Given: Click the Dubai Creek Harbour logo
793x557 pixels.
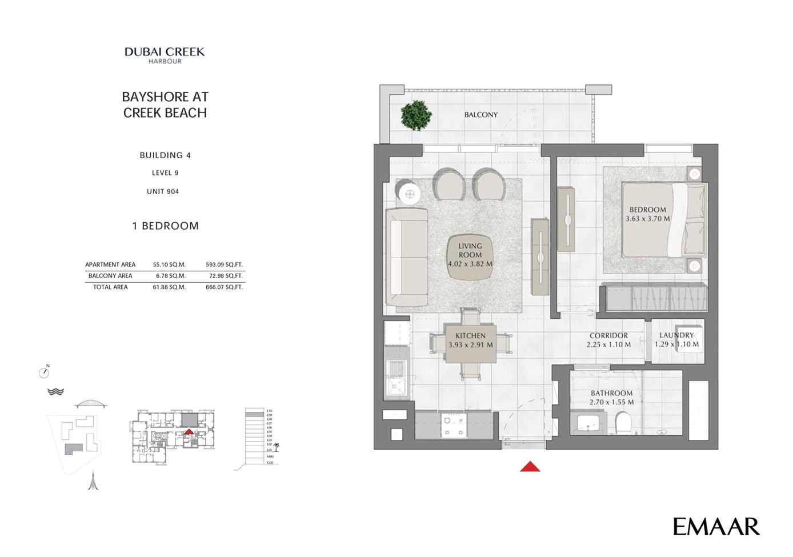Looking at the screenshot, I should (x=165, y=55).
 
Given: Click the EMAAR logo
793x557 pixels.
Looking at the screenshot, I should (x=716, y=526).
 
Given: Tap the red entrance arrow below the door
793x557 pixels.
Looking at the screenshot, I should (x=530, y=467).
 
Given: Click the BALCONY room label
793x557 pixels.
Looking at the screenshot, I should (x=480, y=115).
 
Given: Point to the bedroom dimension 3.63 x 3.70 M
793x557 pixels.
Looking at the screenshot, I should (x=648, y=219).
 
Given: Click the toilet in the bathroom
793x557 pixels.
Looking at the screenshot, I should (x=622, y=423).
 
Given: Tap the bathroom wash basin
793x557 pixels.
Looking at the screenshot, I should (x=588, y=423).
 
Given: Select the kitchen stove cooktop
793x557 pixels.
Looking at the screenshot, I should (x=454, y=425).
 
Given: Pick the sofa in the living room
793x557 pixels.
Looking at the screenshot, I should (x=407, y=257).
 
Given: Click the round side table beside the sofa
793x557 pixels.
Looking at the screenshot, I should (x=410, y=194).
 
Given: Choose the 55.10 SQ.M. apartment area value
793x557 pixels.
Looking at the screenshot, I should (x=169, y=265).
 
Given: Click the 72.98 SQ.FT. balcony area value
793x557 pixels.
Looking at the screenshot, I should (x=224, y=276).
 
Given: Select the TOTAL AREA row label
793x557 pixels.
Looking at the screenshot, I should (x=110, y=287).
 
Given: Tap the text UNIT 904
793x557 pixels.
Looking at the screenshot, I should (x=163, y=191).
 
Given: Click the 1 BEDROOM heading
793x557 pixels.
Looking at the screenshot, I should (x=166, y=226).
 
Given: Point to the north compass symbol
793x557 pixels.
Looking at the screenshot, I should (x=44, y=372).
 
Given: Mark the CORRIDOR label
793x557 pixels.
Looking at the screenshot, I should (x=608, y=336).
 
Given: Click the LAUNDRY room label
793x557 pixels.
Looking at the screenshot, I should (x=676, y=335).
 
